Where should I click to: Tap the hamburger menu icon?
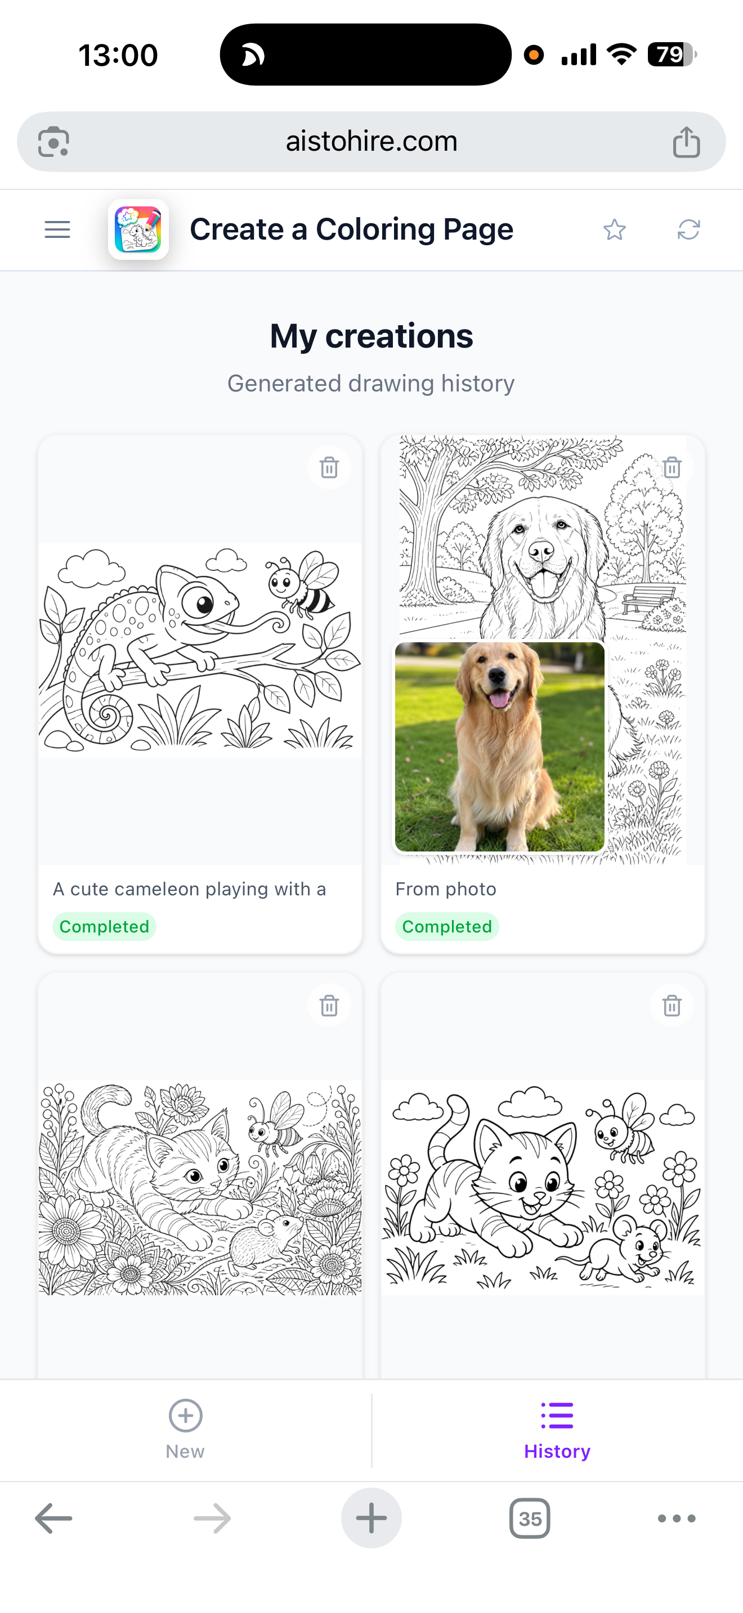(57, 230)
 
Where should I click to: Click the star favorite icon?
(614, 230)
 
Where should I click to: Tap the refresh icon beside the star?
(688, 230)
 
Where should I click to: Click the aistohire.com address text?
(371, 142)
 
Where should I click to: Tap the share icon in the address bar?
(686, 142)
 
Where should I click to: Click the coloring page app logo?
(138, 229)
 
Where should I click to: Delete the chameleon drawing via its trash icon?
(329, 468)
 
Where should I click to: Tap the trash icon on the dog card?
(672, 468)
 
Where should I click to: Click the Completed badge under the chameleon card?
(104, 927)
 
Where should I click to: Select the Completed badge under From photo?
(447, 927)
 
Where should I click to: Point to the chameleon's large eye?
(200, 602)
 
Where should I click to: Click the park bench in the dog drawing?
(647, 600)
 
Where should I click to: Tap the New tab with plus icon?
(185, 1430)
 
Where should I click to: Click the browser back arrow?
(53, 1519)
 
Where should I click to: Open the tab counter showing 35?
(530, 1519)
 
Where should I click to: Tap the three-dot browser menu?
(677, 1519)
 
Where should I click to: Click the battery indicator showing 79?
(672, 55)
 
